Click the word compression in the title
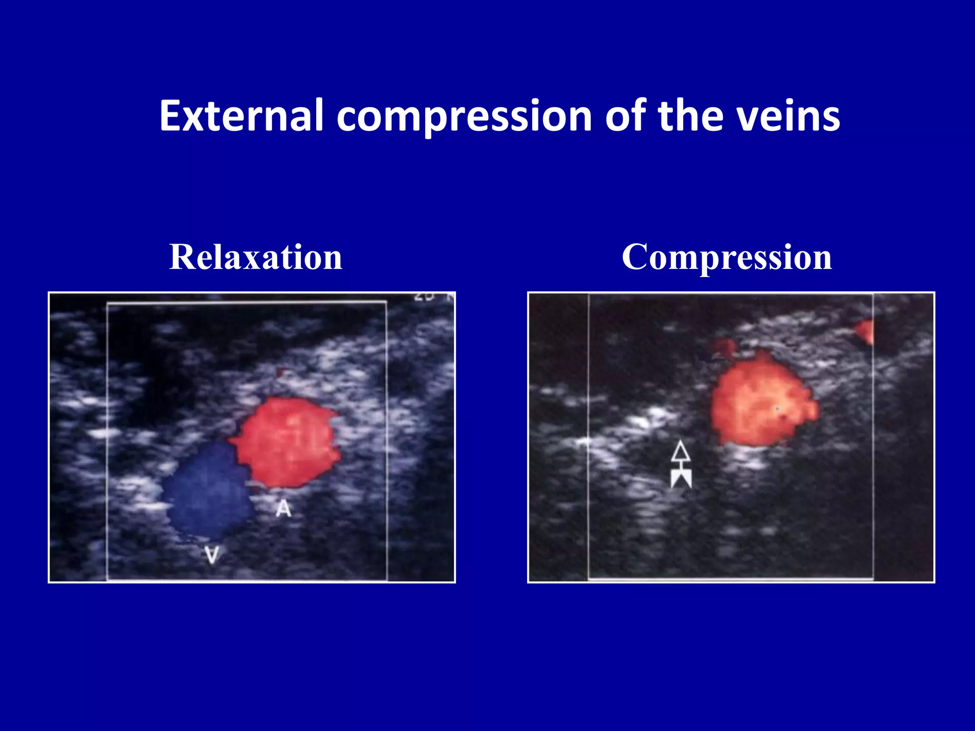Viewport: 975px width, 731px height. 464,116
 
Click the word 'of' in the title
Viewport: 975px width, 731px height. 626,116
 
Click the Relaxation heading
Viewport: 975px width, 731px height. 256,257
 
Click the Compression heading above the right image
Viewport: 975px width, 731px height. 726,257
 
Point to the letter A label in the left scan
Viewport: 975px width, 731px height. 284,508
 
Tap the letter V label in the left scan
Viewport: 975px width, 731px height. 212,555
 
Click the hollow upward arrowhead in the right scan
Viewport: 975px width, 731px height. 681,452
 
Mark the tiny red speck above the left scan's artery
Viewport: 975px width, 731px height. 280,372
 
